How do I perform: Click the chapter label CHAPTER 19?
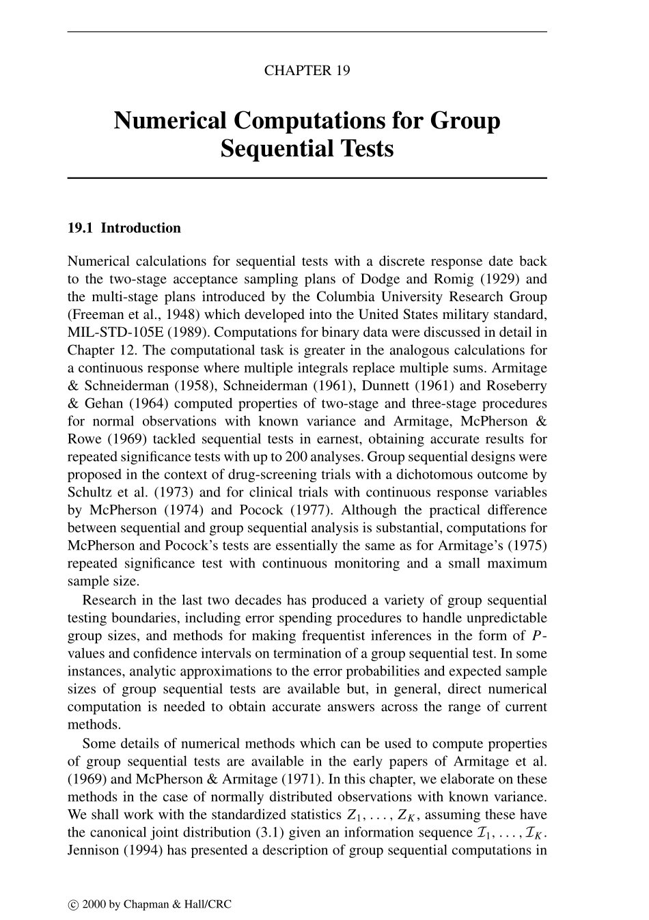[307, 70]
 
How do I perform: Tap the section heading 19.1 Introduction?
[124, 228]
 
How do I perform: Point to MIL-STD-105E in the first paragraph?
[107, 333]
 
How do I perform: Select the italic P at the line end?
[535, 636]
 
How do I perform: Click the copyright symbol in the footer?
[73, 905]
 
